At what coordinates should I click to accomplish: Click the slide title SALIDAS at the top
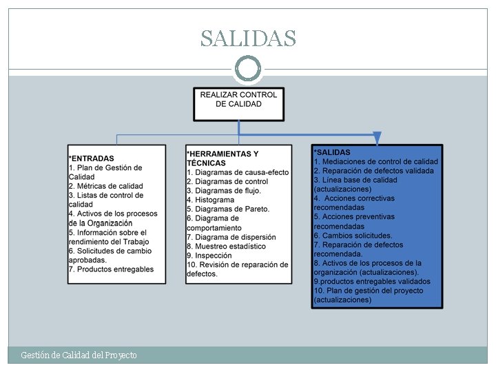pyautogui.click(x=248, y=39)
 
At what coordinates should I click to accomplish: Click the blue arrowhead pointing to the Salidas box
pyautogui.click(x=377, y=138)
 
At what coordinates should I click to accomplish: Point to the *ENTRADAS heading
pyautogui.click(x=92, y=158)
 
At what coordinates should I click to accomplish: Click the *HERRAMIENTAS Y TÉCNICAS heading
pyautogui.click(x=223, y=158)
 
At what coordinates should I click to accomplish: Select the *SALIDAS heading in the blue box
pyautogui.click(x=332, y=152)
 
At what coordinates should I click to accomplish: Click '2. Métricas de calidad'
pyautogui.click(x=105, y=186)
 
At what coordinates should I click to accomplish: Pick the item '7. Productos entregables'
pyautogui.click(x=111, y=269)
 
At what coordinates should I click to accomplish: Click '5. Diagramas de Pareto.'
pyautogui.click(x=228, y=209)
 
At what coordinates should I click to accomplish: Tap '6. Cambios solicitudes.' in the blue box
pyautogui.click(x=353, y=236)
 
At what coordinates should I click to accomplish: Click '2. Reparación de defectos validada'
pyautogui.click(x=374, y=171)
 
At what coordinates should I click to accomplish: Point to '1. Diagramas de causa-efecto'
pyautogui.click(x=238, y=172)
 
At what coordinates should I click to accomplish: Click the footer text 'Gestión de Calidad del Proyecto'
pyautogui.click(x=79, y=355)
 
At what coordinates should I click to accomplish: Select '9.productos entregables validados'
pyautogui.click(x=372, y=282)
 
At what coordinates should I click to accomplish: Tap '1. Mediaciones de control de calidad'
pyautogui.click(x=376, y=162)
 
